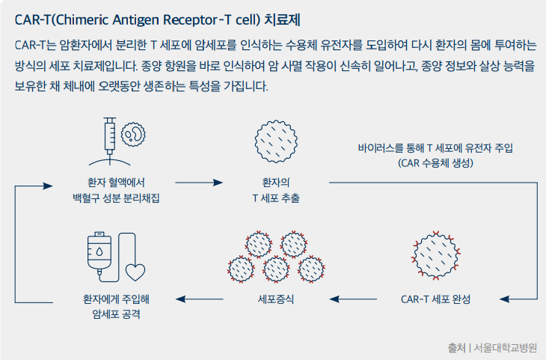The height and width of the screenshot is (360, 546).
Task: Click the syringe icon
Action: [110, 138]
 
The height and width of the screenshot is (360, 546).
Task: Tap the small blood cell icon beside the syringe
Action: [133, 134]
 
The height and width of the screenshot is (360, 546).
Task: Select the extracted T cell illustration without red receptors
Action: [276, 141]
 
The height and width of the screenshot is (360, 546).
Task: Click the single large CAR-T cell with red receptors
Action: [435, 255]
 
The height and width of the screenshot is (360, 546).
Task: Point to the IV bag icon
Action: [99, 253]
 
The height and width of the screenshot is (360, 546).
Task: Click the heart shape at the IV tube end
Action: [135, 272]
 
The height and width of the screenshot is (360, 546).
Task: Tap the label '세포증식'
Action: [276, 299]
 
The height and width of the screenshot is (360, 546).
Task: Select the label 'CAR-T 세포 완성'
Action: [435, 299]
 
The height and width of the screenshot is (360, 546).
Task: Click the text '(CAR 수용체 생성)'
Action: [435, 162]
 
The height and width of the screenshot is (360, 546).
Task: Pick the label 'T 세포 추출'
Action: [276, 198]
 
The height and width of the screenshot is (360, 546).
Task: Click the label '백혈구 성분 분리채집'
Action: [116, 198]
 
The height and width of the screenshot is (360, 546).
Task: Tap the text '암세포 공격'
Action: [116, 314]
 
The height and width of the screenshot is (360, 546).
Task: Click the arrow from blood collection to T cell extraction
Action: [199, 183]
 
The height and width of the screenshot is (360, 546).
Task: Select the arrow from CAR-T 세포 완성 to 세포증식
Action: [353, 299]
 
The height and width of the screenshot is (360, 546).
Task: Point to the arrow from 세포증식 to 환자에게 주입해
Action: [199, 299]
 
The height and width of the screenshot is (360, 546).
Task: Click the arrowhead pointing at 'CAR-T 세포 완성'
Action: [505, 299]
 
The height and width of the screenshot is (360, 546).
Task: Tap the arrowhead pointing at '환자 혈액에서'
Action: [48, 186]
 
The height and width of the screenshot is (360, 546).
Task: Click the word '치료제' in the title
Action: [282, 20]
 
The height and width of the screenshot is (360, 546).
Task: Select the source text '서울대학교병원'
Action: [506, 347]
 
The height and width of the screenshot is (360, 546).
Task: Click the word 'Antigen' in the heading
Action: [135, 20]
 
